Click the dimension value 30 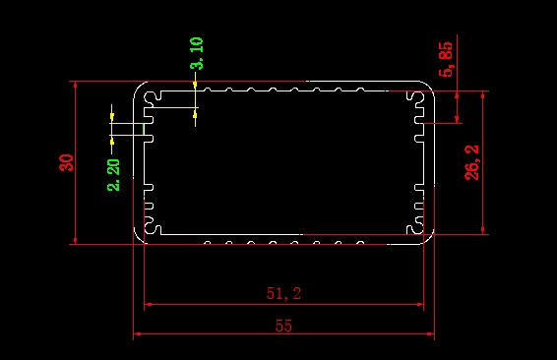pyautogui.click(x=67, y=162)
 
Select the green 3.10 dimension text pyautogui.click(x=197, y=53)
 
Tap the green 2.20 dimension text pyautogui.click(x=114, y=175)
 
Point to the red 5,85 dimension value pyautogui.click(x=446, y=59)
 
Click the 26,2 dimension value pyautogui.click(x=471, y=162)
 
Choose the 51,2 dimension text pyautogui.click(x=283, y=294)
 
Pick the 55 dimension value pyautogui.click(x=283, y=326)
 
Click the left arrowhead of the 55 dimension pyautogui.click(x=138, y=333)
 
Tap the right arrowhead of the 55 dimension pyautogui.click(x=429, y=333)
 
